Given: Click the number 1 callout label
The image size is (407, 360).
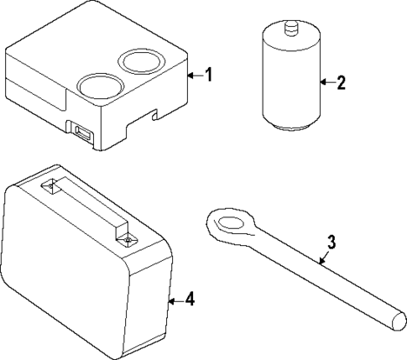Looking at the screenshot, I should (209, 75).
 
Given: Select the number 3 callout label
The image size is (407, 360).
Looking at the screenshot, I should (331, 243).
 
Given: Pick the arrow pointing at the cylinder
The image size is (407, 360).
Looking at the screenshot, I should (326, 82).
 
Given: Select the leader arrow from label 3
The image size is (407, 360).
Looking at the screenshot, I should (323, 256).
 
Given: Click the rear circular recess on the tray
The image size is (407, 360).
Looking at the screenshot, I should (140, 60).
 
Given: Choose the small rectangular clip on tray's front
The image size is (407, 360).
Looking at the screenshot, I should (83, 133).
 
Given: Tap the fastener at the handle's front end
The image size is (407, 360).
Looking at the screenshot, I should (126, 240).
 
